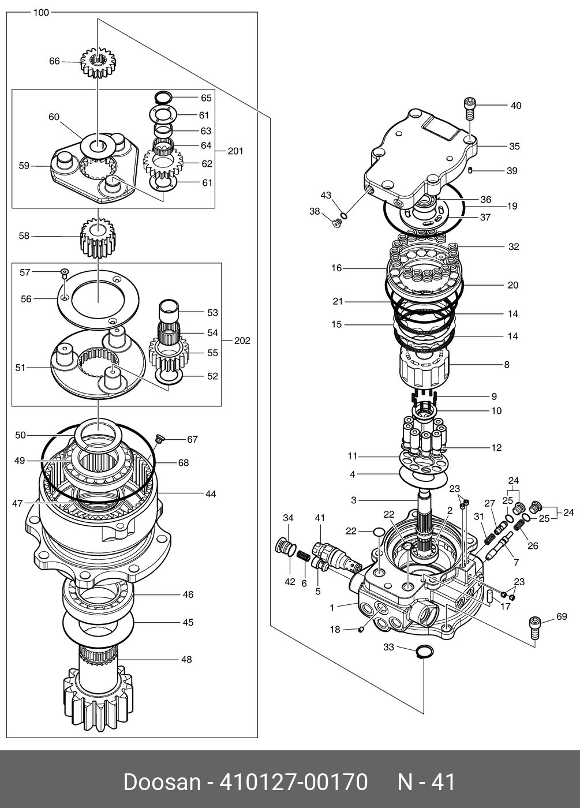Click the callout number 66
pos(54,61)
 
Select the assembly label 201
pos(235,151)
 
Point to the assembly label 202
pos(242,341)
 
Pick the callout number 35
pos(514,146)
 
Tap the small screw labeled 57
pos(65,271)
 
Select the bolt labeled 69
pos(534,627)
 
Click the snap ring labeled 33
pos(424,652)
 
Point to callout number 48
pos(186,659)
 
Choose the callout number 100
pos(41,12)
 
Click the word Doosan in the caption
pos(161,782)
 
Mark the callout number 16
pos(336,268)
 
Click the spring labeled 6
pos(304,559)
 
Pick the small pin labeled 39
pos(471,170)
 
